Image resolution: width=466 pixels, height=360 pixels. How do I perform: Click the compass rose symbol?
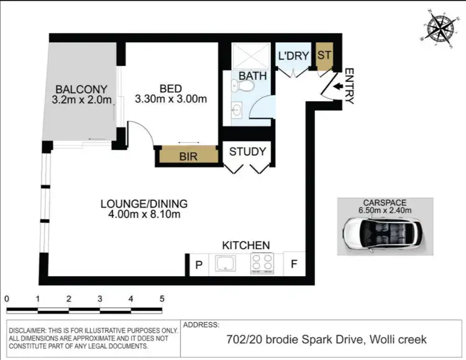(x=441, y=27)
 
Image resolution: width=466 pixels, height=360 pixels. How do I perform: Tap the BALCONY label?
(x=80, y=88)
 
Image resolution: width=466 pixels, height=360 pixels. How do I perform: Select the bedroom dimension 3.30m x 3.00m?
(x=170, y=99)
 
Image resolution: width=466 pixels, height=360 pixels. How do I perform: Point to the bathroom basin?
(x=237, y=110)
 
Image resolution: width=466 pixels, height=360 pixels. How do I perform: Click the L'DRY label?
(x=293, y=56)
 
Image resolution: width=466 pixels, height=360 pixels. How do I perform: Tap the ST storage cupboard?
(x=324, y=55)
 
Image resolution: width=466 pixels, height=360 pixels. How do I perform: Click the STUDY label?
(x=247, y=151)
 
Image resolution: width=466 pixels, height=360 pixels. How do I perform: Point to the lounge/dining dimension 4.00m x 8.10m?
(x=144, y=215)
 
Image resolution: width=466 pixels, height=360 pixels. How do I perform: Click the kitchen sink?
(x=224, y=264)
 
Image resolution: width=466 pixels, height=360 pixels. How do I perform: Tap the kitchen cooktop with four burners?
(x=262, y=264)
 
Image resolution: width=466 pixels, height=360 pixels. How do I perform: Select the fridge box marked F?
(x=293, y=264)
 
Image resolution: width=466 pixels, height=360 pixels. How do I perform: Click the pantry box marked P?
(x=199, y=264)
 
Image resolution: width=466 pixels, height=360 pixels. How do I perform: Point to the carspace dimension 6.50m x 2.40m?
(x=385, y=210)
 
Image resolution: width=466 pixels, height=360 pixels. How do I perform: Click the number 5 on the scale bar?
(x=162, y=298)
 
